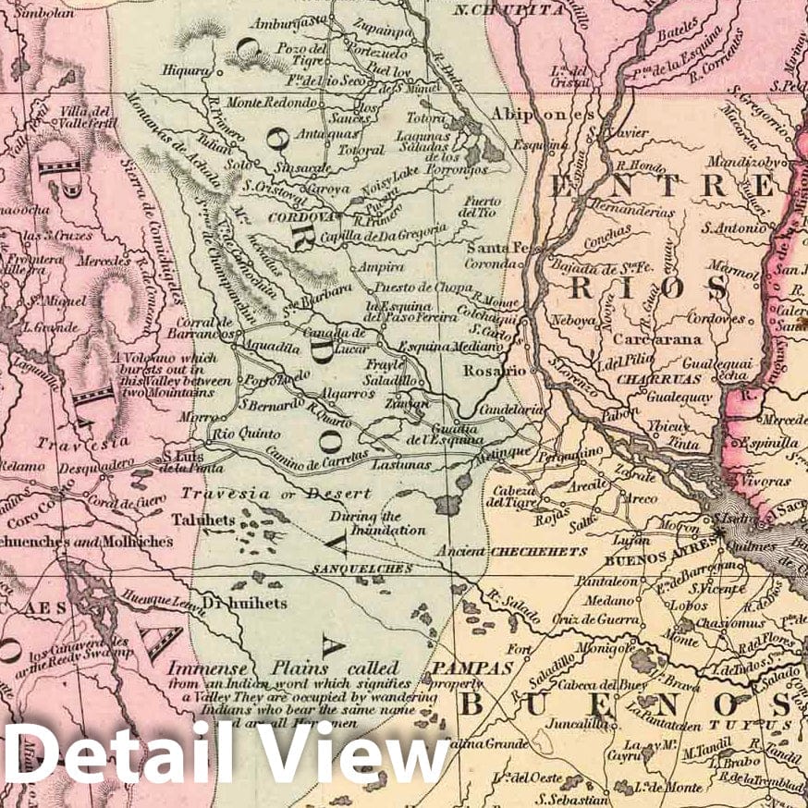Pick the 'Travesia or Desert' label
click(275, 494)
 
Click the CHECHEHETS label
click(539, 551)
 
